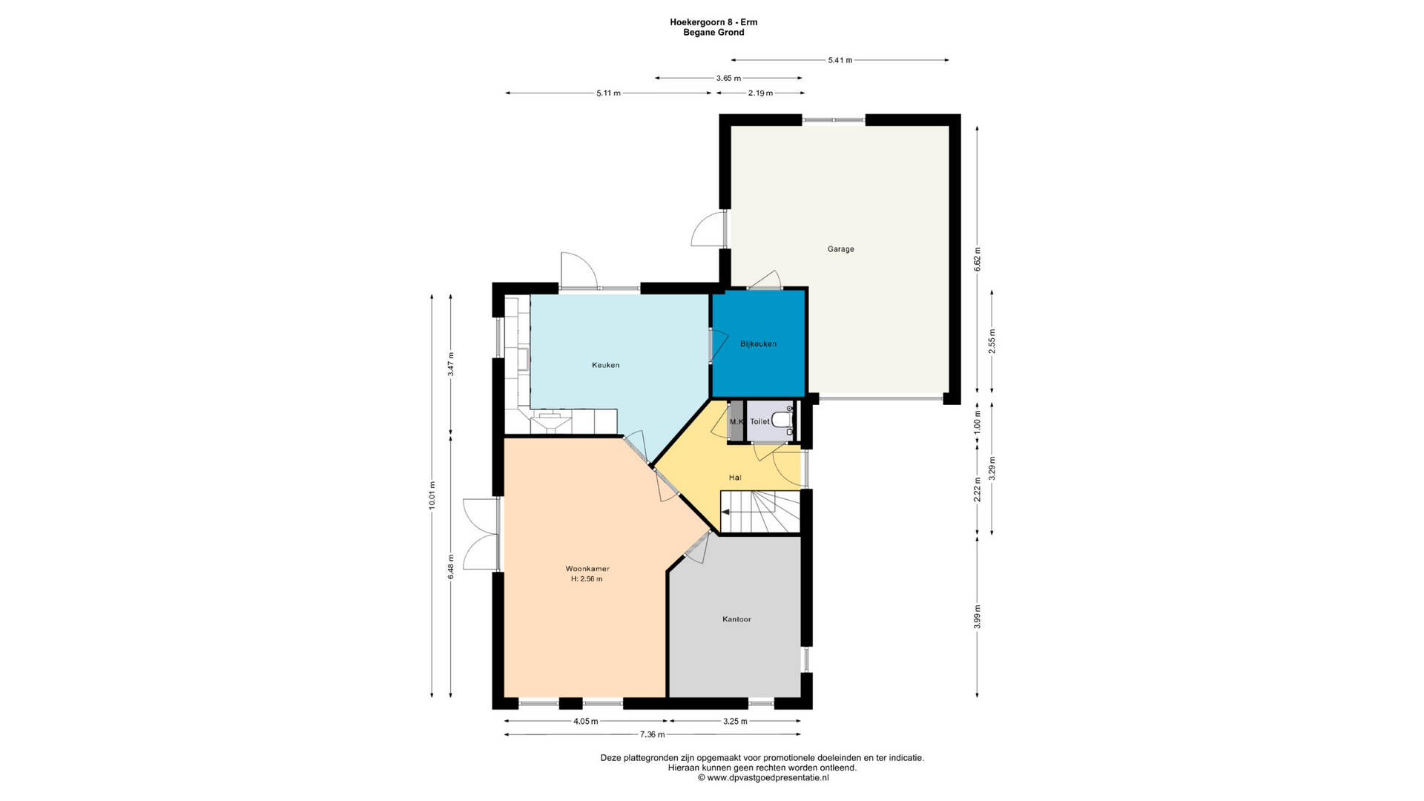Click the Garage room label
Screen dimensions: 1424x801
(x=840, y=249)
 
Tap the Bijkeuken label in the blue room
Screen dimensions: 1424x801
(x=758, y=344)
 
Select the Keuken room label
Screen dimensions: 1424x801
(x=605, y=365)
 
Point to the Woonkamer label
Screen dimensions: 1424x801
(x=587, y=569)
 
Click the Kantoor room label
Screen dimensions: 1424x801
(x=736, y=619)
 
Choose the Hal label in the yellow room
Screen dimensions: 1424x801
(x=735, y=478)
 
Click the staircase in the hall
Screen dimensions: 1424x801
(x=761, y=512)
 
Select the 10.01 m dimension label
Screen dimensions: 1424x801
(x=432, y=495)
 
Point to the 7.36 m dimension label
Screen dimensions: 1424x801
(x=653, y=735)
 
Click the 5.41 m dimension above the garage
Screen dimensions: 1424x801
(x=840, y=60)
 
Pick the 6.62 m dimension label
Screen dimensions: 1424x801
(x=978, y=260)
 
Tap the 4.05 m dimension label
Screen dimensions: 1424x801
(x=585, y=721)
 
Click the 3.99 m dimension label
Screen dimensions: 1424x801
(x=978, y=617)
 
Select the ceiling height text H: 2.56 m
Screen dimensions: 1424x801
(x=587, y=579)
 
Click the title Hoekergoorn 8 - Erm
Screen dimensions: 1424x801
(x=713, y=22)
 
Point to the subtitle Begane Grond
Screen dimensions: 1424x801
(x=713, y=33)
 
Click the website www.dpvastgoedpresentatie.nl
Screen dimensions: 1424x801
(x=768, y=778)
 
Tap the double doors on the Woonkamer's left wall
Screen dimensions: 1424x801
(x=481, y=535)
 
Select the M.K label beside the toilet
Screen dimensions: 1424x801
(x=736, y=422)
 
